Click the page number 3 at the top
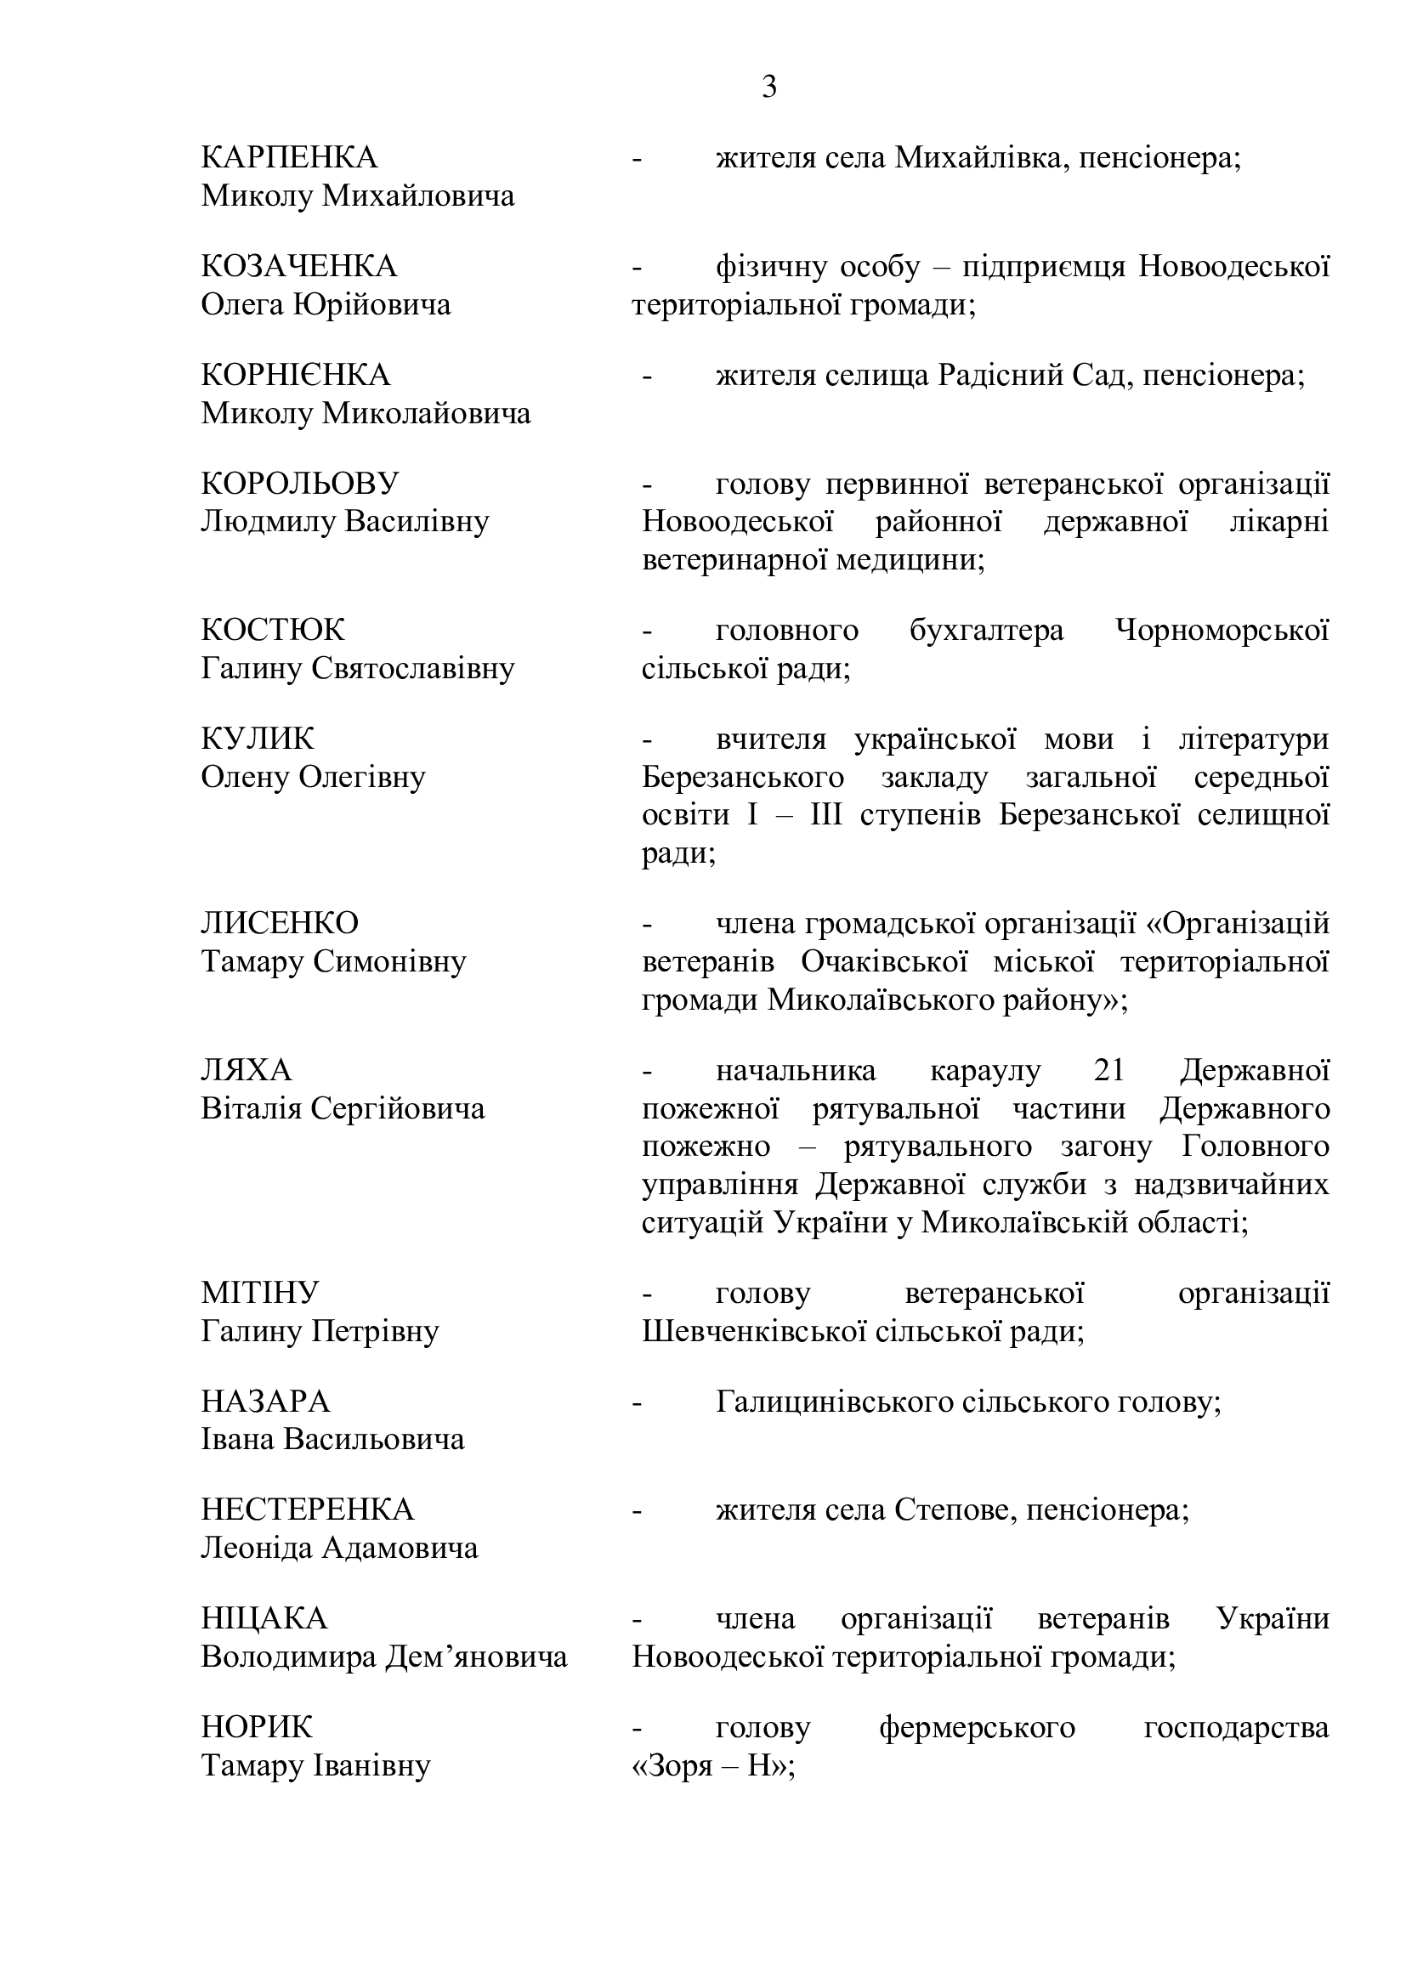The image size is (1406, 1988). point(768,88)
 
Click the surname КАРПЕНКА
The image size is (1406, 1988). point(289,157)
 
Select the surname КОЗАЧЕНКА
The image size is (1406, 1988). point(298,267)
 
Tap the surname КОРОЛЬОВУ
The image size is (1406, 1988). point(299,483)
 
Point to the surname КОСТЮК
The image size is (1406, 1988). point(273,631)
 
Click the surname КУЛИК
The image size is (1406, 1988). point(258,739)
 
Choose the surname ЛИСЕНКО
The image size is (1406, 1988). point(280,924)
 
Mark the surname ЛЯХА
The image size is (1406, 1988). point(247,1071)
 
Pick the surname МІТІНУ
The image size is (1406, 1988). point(260,1293)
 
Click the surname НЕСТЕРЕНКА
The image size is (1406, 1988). point(308,1510)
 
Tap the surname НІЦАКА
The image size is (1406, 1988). point(264,1618)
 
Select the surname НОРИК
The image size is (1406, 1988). point(256,1727)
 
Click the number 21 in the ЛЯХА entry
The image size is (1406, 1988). point(1109,1071)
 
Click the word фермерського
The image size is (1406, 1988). point(977,1727)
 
